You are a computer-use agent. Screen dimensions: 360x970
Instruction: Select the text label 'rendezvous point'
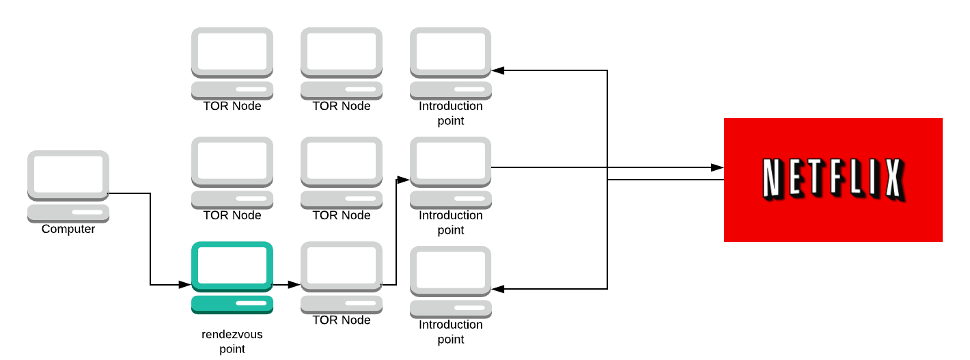(x=232, y=342)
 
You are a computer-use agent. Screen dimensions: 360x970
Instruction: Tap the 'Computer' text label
(x=68, y=230)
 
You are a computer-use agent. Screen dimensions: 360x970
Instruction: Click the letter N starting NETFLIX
(x=771, y=180)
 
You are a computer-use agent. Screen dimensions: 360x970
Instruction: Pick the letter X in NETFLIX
(x=891, y=180)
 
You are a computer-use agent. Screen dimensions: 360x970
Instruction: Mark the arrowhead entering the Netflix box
(x=717, y=167)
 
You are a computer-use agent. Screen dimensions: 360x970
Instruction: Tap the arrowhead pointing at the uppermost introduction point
(x=498, y=70)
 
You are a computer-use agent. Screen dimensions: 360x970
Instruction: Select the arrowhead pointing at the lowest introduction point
(x=498, y=289)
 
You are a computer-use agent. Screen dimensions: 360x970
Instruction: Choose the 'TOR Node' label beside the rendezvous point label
(x=342, y=320)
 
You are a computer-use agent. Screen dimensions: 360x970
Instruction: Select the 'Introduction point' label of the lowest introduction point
(x=451, y=332)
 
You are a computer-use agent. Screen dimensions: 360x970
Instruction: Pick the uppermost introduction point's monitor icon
(x=451, y=53)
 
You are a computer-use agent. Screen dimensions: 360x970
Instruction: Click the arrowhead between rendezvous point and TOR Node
(x=294, y=284)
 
